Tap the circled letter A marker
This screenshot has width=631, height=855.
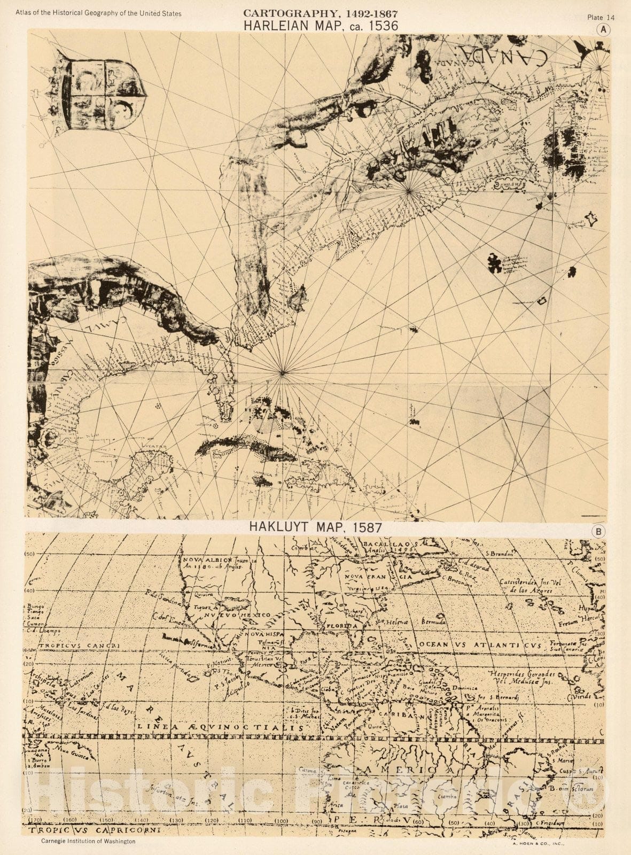coord(604,30)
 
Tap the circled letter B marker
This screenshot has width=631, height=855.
coord(599,532)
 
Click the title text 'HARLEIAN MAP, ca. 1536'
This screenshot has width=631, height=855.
coord(321,25)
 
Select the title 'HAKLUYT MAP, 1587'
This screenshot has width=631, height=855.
coord(315,527)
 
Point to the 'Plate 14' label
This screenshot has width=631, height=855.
coord(601,17)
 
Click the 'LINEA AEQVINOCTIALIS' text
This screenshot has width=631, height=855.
coord(220,727)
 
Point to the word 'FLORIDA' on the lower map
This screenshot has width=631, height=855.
coord(343,625)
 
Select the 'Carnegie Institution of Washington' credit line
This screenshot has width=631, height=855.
coord(88,841)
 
